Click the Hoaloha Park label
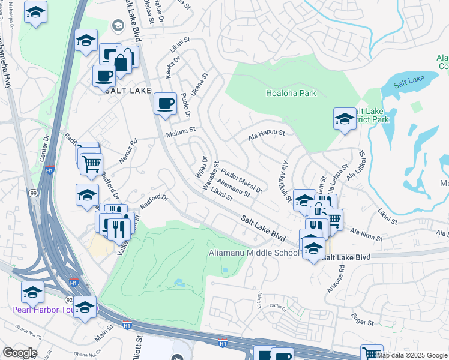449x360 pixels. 291,93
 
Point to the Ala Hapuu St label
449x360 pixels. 266,138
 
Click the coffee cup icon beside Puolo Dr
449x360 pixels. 165,104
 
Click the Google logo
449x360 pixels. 20,353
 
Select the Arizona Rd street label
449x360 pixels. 341,275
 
